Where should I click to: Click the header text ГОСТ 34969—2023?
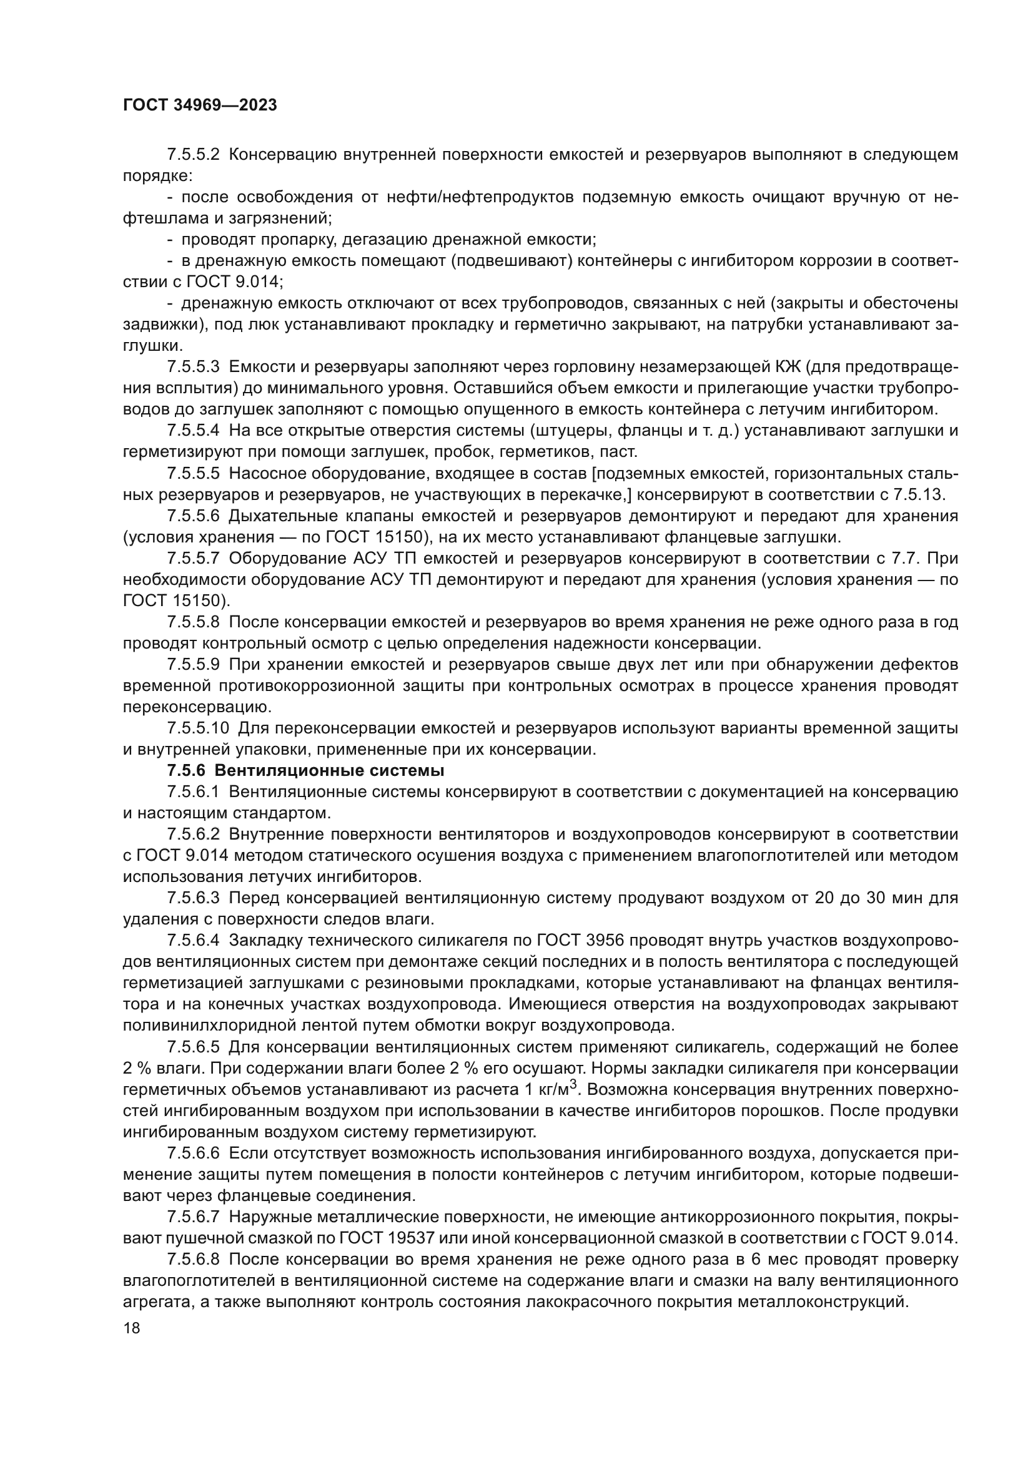point(200,105)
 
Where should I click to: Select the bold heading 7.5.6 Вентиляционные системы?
point(305,771)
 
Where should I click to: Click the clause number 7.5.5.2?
point(194,155)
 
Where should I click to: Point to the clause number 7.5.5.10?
point(198,728)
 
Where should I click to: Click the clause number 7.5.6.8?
point(194,1260)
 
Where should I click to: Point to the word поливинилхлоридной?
point(213,1026)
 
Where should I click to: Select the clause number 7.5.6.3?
point(194,898)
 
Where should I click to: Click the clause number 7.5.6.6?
point(194,1154)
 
